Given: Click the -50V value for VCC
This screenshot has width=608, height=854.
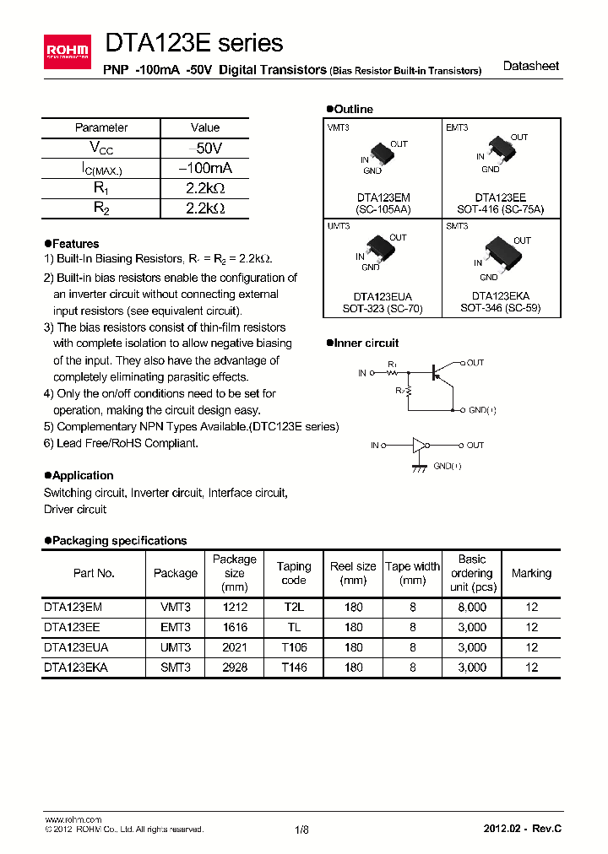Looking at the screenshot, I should pos(205,148).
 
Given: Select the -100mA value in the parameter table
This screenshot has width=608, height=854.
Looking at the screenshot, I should pos(205,168).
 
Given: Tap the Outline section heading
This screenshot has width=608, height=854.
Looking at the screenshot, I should pos(350,109).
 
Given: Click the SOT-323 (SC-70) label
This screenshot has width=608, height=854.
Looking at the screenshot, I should pos(383,308).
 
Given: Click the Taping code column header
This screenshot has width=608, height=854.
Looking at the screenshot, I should pos(294,573).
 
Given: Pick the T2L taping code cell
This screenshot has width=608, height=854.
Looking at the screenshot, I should pos(294,607).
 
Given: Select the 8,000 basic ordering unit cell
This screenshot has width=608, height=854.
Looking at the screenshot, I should pos(472,607).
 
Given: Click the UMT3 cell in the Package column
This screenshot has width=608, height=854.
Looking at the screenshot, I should pos(175,647).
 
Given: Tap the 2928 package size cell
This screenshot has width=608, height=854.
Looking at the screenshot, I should pos(234,667).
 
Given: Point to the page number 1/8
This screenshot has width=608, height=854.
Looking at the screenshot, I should pos(301,830).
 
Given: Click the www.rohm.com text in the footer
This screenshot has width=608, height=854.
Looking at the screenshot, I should pos(73,819).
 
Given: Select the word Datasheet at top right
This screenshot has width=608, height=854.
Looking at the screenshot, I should pos(530,66).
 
